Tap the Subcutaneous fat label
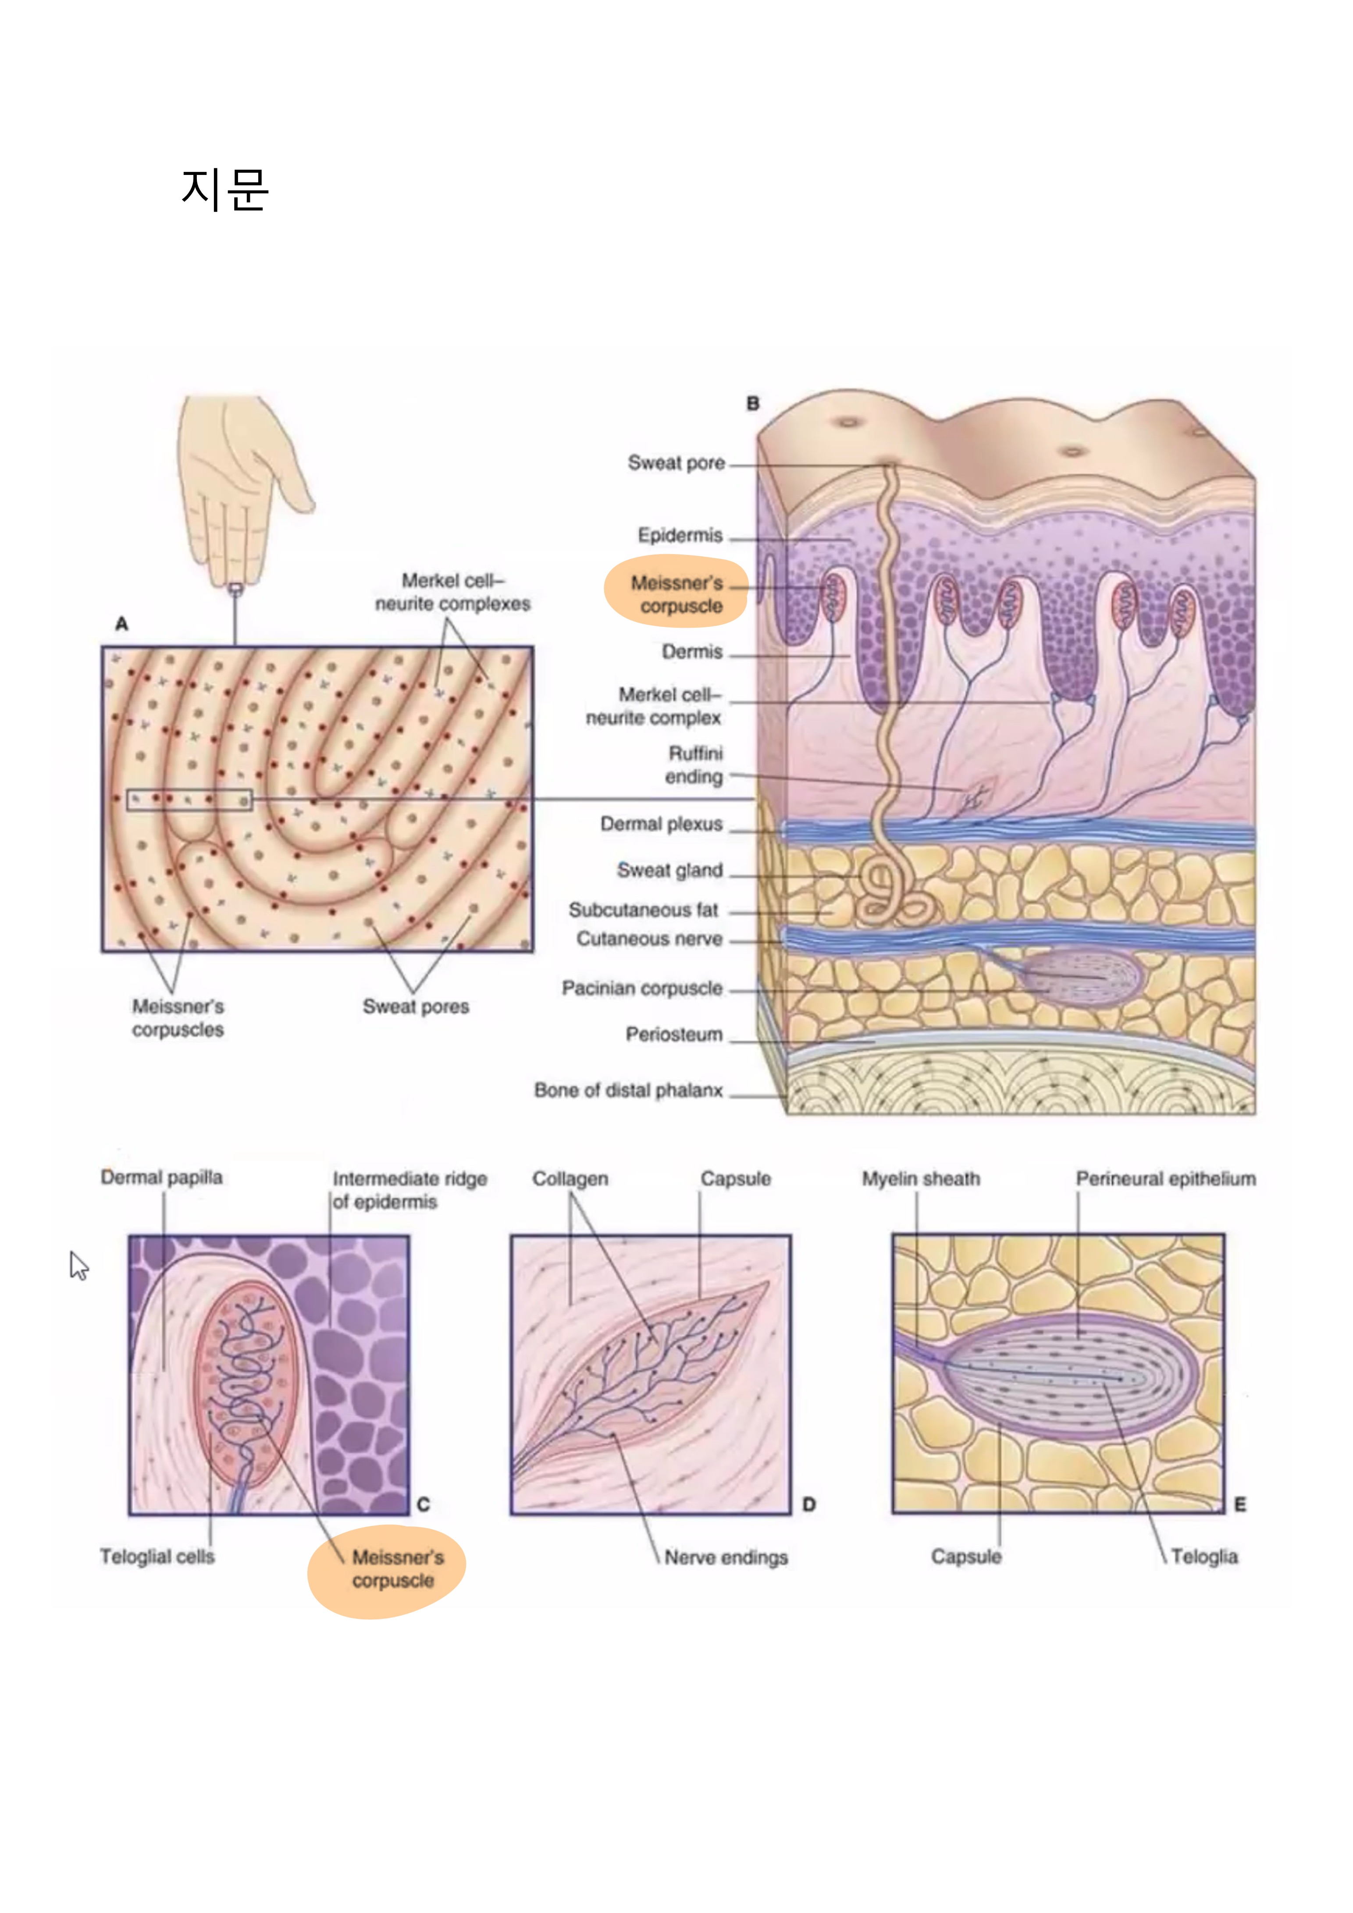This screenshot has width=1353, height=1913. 643,910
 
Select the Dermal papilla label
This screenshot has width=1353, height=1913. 162,1177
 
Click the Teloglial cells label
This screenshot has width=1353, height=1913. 157,1557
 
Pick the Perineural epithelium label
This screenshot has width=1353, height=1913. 1165,1179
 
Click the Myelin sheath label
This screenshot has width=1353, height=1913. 921,1179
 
